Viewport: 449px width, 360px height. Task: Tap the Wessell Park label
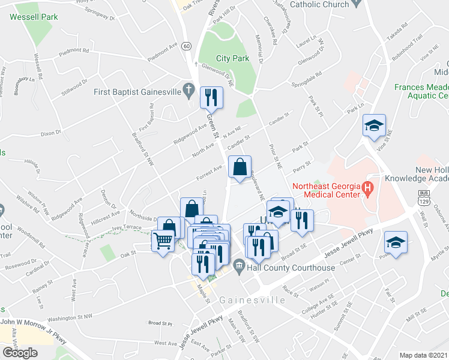tap(34, 17)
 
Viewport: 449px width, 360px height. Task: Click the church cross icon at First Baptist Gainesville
tap(189, 92)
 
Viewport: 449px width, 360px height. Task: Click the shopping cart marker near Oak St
tap(163, 241)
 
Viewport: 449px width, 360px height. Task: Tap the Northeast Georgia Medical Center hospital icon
tap(368, 191)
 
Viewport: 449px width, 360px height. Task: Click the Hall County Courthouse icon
tap(239, 266)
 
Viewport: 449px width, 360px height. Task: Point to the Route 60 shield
tap(187, 46)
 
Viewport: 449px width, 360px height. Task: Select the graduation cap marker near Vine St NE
tap(375, 125)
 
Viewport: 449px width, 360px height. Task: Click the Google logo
tap(20, 353)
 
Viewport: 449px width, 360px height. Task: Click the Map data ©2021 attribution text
tap(424, 355)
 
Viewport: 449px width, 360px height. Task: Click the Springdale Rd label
tap(306, 80)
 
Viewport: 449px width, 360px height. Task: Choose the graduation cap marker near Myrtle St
tap(396, 243)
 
